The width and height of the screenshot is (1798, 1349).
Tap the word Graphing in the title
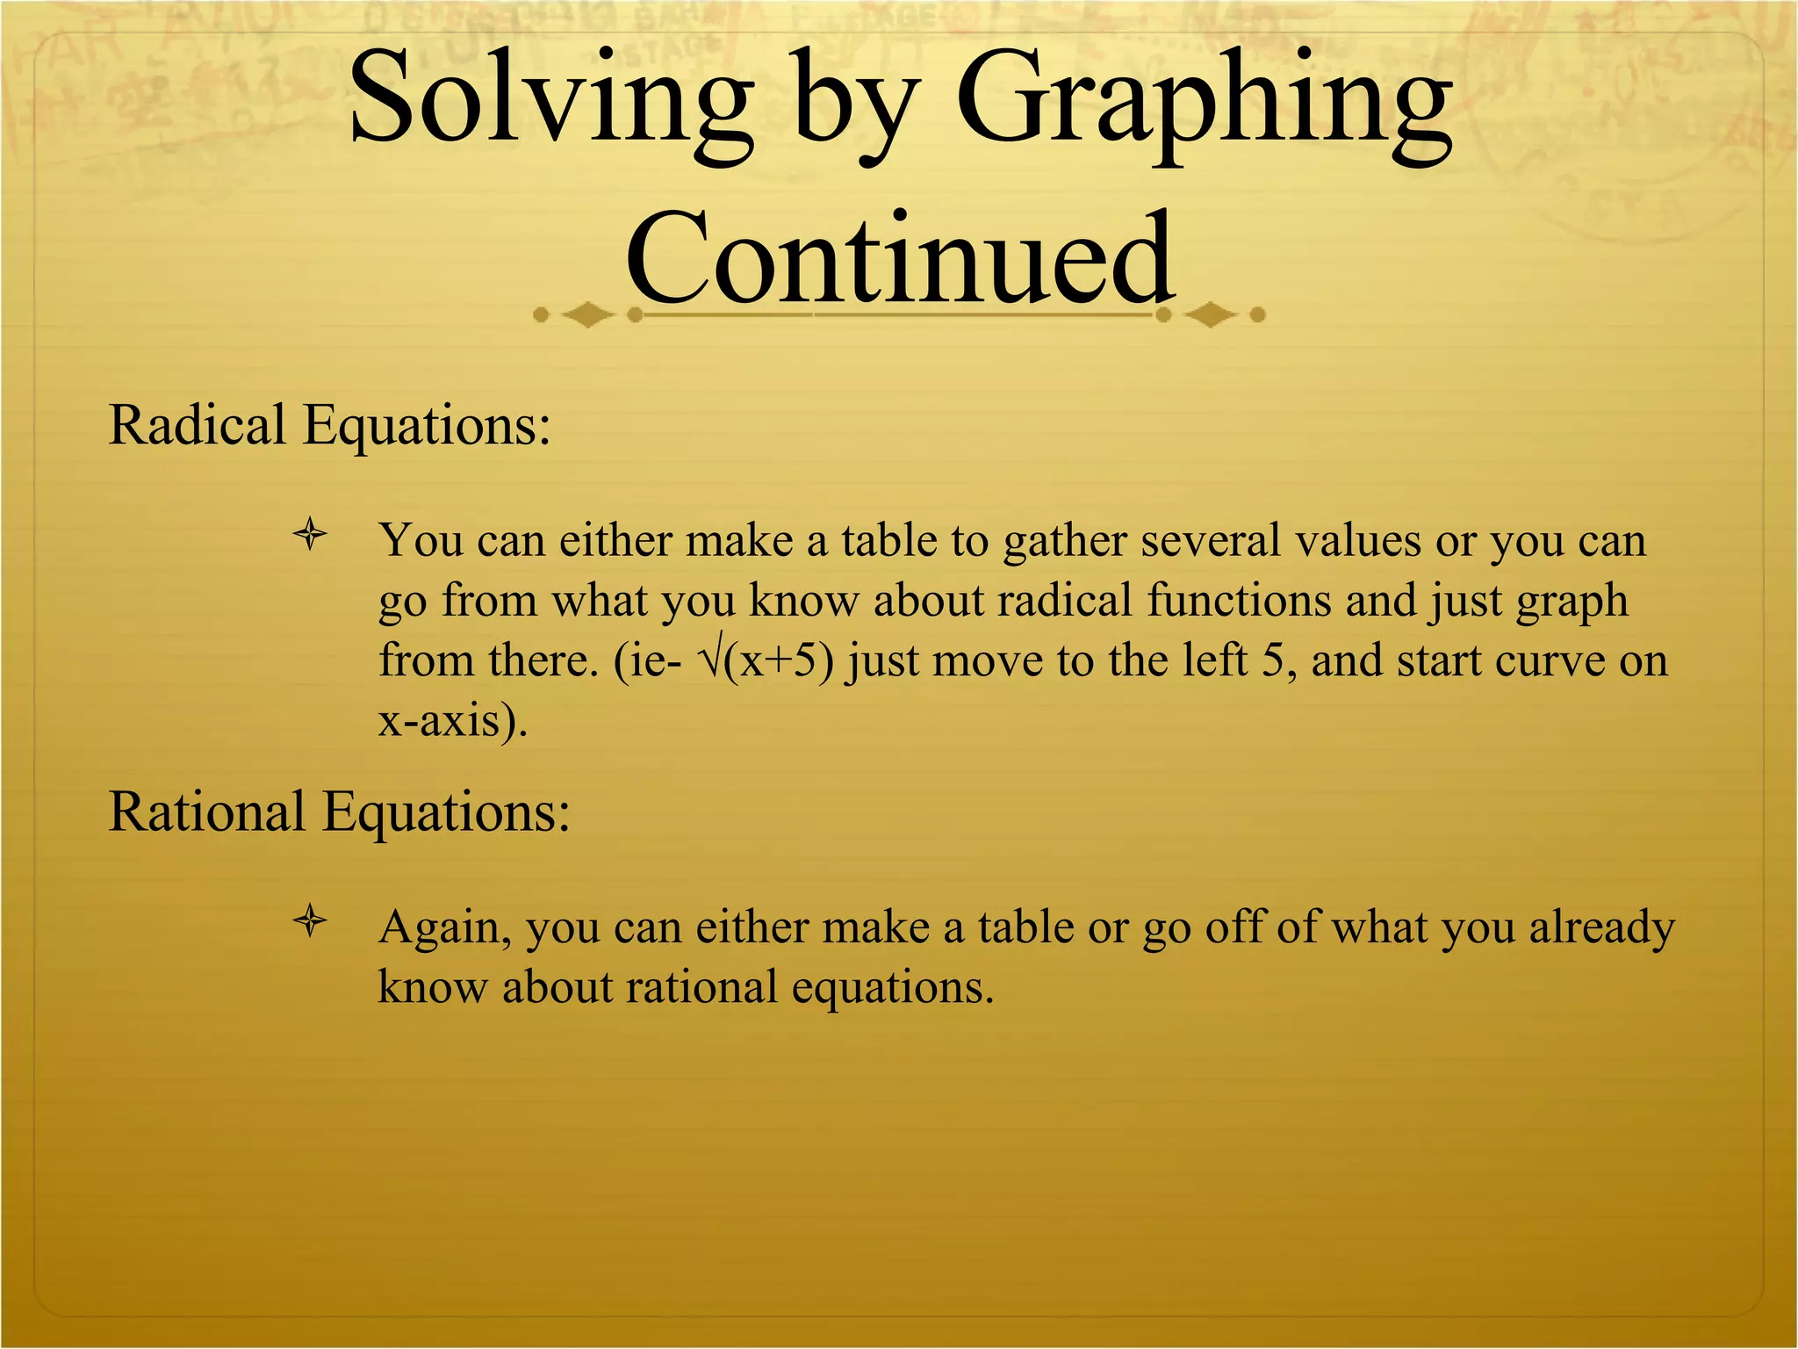[1205, 105]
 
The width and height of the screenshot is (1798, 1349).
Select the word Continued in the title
[899, 259]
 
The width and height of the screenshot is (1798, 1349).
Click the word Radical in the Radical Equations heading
[197, 426]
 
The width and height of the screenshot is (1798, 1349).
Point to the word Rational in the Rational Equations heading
[206, 812]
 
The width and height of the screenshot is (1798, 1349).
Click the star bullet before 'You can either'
[310, 536]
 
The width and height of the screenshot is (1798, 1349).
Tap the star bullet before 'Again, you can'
[310, 922]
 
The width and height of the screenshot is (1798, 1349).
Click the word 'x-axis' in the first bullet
[437, 721]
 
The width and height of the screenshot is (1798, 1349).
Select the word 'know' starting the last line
[431, 987]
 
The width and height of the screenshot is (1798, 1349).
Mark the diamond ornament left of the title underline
[586, 314]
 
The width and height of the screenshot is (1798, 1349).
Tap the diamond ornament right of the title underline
[1212, 314]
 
